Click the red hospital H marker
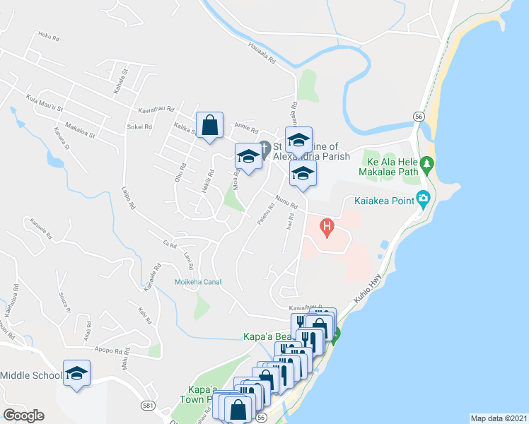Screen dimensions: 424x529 point(327,227)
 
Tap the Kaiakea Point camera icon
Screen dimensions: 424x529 point(424,197)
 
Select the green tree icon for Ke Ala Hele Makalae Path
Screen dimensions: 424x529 point(426,165)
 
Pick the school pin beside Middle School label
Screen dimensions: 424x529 point(76,374)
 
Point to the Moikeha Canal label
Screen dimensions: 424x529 point(198,282)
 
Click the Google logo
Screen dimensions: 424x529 point(23,415)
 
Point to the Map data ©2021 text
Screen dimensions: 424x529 point(499,418)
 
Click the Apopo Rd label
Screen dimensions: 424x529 point(112,349)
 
